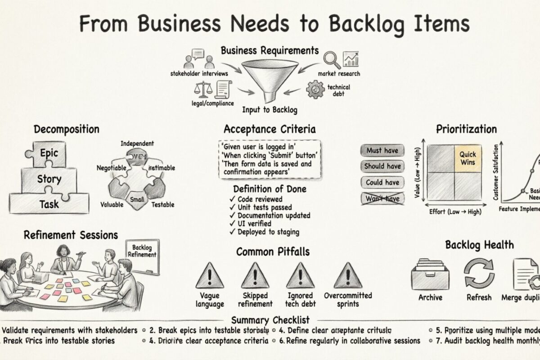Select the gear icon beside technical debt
pos(315,89)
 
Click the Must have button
pos(382,151)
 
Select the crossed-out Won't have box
pos(382,198)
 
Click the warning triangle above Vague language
pos(210,276)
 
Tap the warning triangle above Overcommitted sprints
pos(348,276)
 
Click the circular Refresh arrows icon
pos(479,273)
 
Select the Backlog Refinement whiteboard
pos(143,255)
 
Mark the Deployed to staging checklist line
pos(264,232)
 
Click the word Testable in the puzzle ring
pos(163,204)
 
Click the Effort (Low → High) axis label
pos(455,211)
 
